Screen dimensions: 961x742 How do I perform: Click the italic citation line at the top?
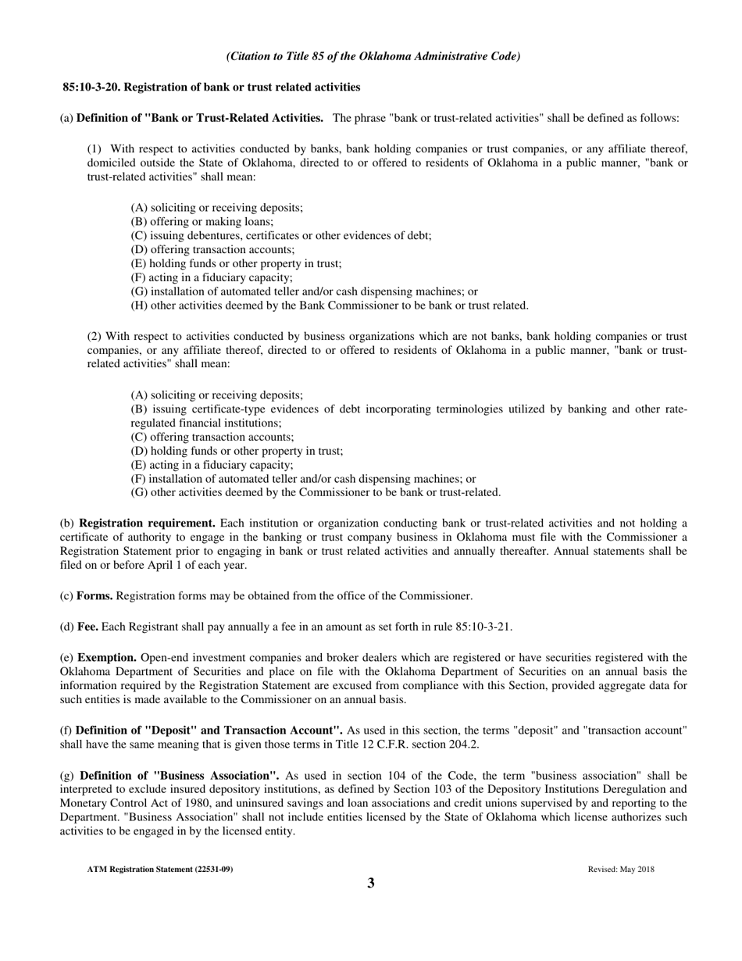(x=373, y=56)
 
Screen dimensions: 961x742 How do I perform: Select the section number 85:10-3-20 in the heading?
(x=94, y=87)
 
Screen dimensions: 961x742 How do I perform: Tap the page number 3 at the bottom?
(x=371, y=884)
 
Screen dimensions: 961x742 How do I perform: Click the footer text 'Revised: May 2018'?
(x=621, y=869)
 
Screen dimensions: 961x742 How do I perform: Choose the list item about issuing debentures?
(x=280, y=235)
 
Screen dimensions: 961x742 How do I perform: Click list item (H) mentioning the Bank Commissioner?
(x=329, y=305)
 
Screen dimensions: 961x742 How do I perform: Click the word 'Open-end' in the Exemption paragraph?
(x=163, y=657)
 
